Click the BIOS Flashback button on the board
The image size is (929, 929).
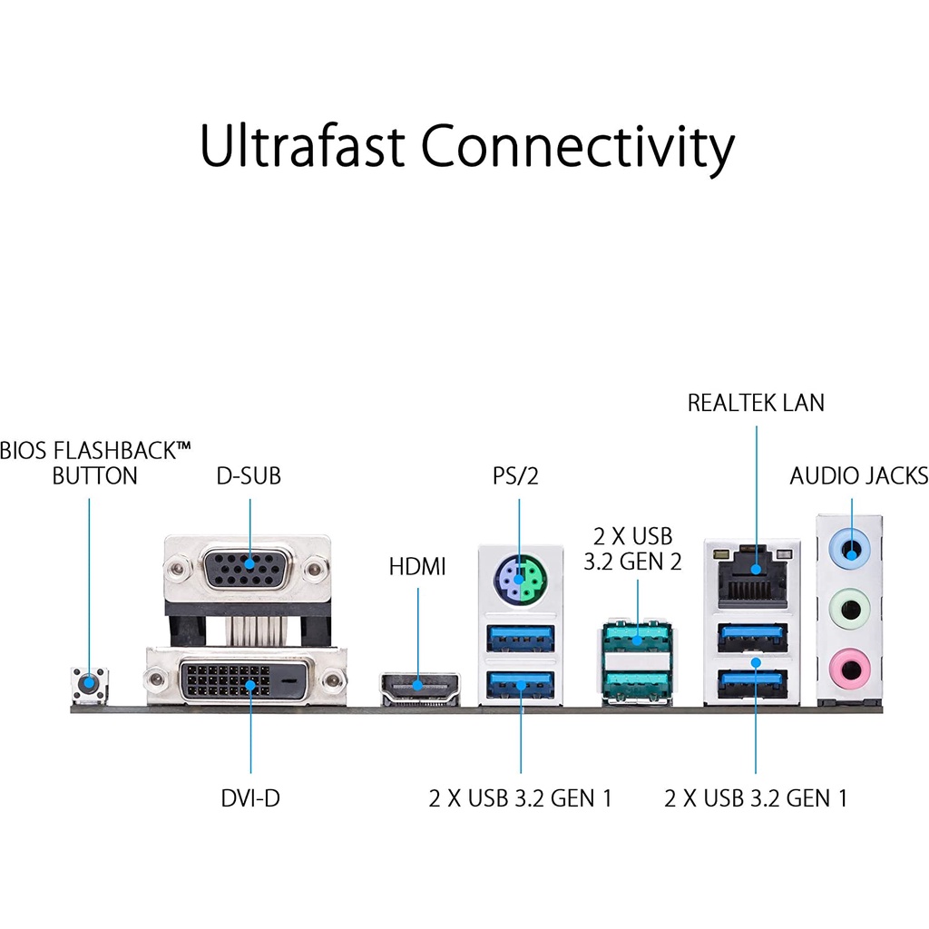89,683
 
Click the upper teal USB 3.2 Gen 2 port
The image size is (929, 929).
637,638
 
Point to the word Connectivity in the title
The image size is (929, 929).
577,147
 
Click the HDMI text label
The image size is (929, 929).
417,568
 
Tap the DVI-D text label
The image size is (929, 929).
249,798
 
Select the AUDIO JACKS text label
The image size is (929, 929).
858,475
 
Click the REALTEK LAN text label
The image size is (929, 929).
756,403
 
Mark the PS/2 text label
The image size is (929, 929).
515,475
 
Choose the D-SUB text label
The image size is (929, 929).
249,475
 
